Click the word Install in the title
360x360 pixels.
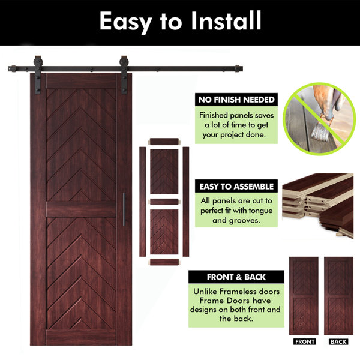226,20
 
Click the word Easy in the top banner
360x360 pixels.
125,23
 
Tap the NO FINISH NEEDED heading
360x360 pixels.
236,100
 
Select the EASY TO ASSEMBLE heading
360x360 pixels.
236,187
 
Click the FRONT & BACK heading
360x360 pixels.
236,277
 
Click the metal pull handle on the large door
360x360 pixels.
124,209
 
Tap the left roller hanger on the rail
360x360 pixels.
38,74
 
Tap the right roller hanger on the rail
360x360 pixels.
124,74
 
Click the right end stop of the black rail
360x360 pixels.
239,68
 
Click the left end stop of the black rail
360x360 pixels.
12,68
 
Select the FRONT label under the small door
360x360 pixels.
304,341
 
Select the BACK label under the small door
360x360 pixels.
338,341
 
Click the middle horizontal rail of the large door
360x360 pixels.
81,209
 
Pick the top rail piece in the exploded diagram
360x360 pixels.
164,142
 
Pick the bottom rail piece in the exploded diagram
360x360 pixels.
164,262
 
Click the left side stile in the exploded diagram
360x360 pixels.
143,202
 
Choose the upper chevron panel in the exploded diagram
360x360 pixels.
164,172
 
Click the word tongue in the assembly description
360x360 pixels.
260,211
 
